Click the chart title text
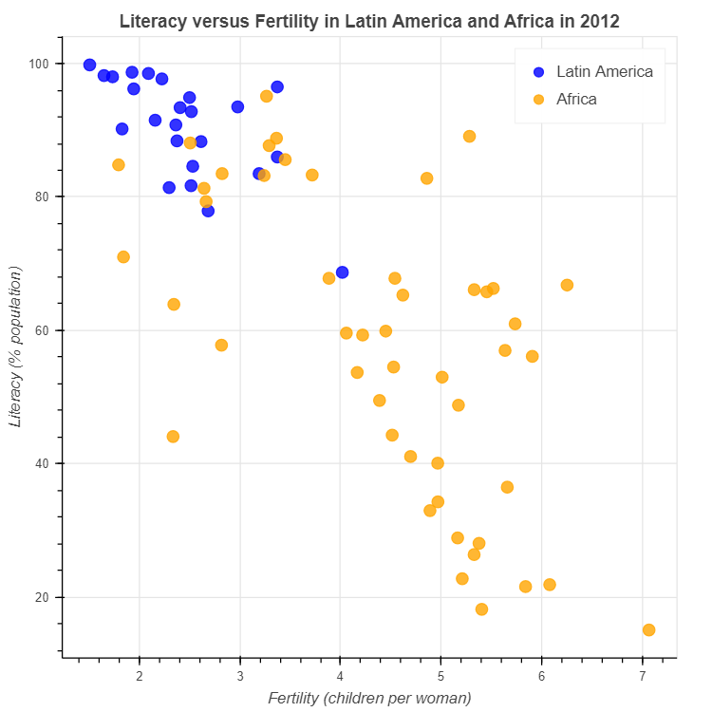coord(369,21)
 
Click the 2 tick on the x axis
coord(140,675)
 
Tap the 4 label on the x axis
coord(341,675)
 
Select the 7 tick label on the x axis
coord(642,675)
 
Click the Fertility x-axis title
coord(369,699)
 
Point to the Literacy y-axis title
coord(16,347)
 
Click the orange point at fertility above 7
coord(648,629)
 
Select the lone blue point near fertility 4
coord(342,272)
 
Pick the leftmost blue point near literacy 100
coord(89,65)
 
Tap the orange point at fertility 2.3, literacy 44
coord(173,437)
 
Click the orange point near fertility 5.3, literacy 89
coord(469,136)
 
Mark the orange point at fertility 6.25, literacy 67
coord(567,285)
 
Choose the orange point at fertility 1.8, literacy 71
coord(123,257)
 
